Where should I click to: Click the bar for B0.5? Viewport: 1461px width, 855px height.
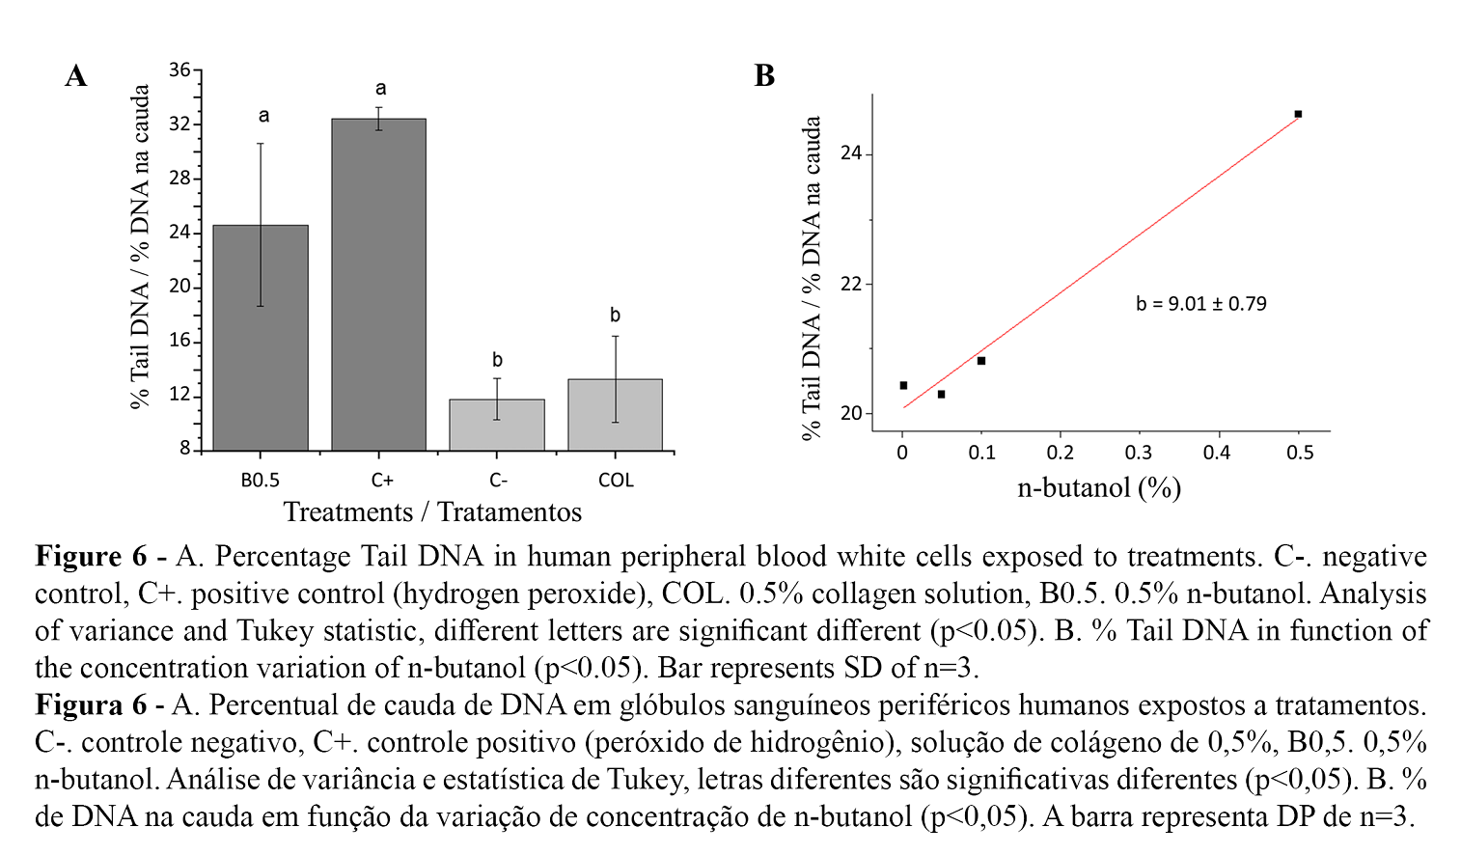tap(261, 338)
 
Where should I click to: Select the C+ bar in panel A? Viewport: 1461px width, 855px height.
tap(378, 285)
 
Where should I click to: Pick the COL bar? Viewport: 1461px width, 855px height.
tap(615, 415)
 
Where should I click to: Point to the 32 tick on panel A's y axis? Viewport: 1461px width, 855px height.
tap(179, 124)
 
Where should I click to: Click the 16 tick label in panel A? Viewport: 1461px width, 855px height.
tap(179, 342)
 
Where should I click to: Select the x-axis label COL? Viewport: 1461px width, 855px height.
tap(616, 481)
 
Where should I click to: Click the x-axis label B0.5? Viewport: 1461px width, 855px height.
tap(261, 481)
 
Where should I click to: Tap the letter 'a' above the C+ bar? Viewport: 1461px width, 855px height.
tap(380, 89)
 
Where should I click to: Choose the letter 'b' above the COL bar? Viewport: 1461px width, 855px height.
tap(615, 316)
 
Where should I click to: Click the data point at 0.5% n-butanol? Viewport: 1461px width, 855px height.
tap(1298, 114)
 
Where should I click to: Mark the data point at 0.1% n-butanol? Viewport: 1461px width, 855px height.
tap(981, 361)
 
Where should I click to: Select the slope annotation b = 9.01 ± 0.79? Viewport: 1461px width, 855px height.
tap(1200, 304)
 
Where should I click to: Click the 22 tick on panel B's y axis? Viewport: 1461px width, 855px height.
tap(850, 285)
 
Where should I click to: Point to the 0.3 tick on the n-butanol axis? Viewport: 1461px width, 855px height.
tap(1139, 453)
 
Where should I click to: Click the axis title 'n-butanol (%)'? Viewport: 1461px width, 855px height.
tap(1099, 487)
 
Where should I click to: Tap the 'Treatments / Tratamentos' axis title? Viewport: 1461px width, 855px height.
tap(432, 512)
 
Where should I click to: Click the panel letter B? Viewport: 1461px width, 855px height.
tap(764, 76)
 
